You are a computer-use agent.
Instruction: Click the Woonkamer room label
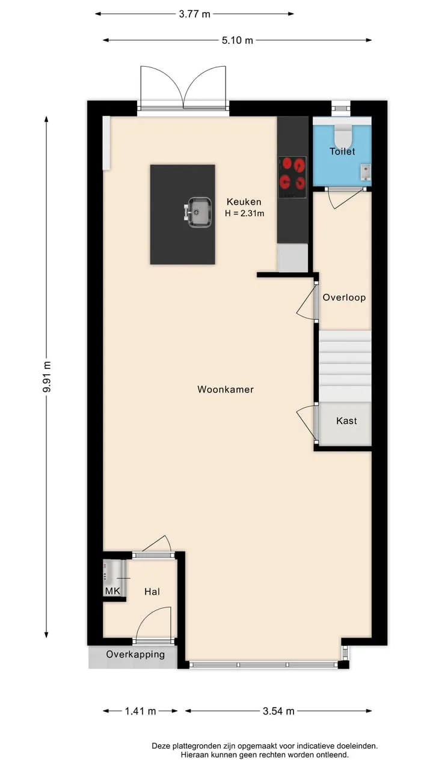pos(226,389)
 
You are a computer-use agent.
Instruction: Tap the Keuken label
pos(244,202)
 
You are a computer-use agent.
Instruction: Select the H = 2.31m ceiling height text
pos(245,213)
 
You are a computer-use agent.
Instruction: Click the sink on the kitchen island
pos(198,212)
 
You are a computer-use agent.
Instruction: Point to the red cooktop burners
pos(292,177)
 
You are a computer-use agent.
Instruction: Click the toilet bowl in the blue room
pos(342,136)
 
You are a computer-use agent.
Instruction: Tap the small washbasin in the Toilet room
pos(365,172)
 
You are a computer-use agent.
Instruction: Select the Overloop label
pos(344,297)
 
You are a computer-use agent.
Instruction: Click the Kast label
pos(346,421)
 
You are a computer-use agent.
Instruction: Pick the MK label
pos(112,591)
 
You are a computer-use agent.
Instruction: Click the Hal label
pos(152,591)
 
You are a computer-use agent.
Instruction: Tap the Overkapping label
pos(135,654)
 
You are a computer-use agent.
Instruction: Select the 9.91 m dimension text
pos(47,377)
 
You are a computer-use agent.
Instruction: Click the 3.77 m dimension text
pos(194,14)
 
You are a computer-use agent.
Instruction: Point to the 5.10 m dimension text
pos(237,40)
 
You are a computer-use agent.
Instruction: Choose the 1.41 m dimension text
pos(140,711)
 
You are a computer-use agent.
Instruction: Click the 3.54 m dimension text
pos(278,711)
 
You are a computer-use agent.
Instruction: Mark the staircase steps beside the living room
pos(345,366)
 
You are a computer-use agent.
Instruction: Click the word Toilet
pos(342,151)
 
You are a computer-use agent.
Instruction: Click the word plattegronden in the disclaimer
pos(197,746)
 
